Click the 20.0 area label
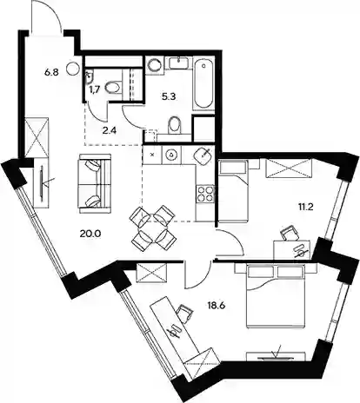pos(90,233)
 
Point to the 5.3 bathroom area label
pos(169,96)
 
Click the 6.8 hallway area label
pos(51,72)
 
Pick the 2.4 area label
pos(110,130)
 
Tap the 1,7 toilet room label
pos(95,89)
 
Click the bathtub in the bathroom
pos(203,83)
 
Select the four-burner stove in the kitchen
pos(205,195)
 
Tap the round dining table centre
pos(153,228)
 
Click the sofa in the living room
pos(95,181)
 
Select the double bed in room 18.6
pos(275,296)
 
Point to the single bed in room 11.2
pos(234,191)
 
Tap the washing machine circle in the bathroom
pos(154,65)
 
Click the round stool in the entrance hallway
pos(72,69)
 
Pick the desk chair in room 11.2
pos(290,233)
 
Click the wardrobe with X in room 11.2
pos(289,168)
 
